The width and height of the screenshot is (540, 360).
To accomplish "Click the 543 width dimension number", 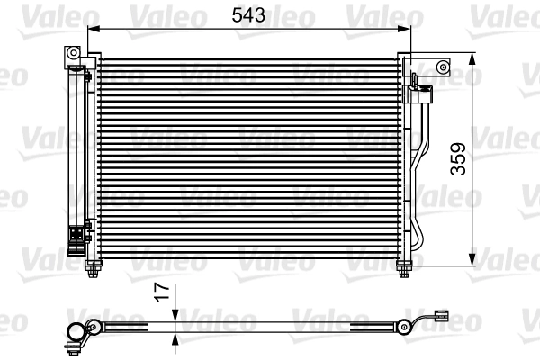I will pos(248,16).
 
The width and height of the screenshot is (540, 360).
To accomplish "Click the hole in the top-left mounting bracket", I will pos(73,56).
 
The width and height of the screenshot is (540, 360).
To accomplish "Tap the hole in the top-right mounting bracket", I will pos(442,66).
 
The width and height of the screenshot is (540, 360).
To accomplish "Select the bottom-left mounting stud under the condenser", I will pos(95,267).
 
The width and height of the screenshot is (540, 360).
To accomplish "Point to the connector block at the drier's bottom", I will pos(78,236).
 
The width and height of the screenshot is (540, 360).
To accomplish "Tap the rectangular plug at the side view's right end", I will pos(440,316).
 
